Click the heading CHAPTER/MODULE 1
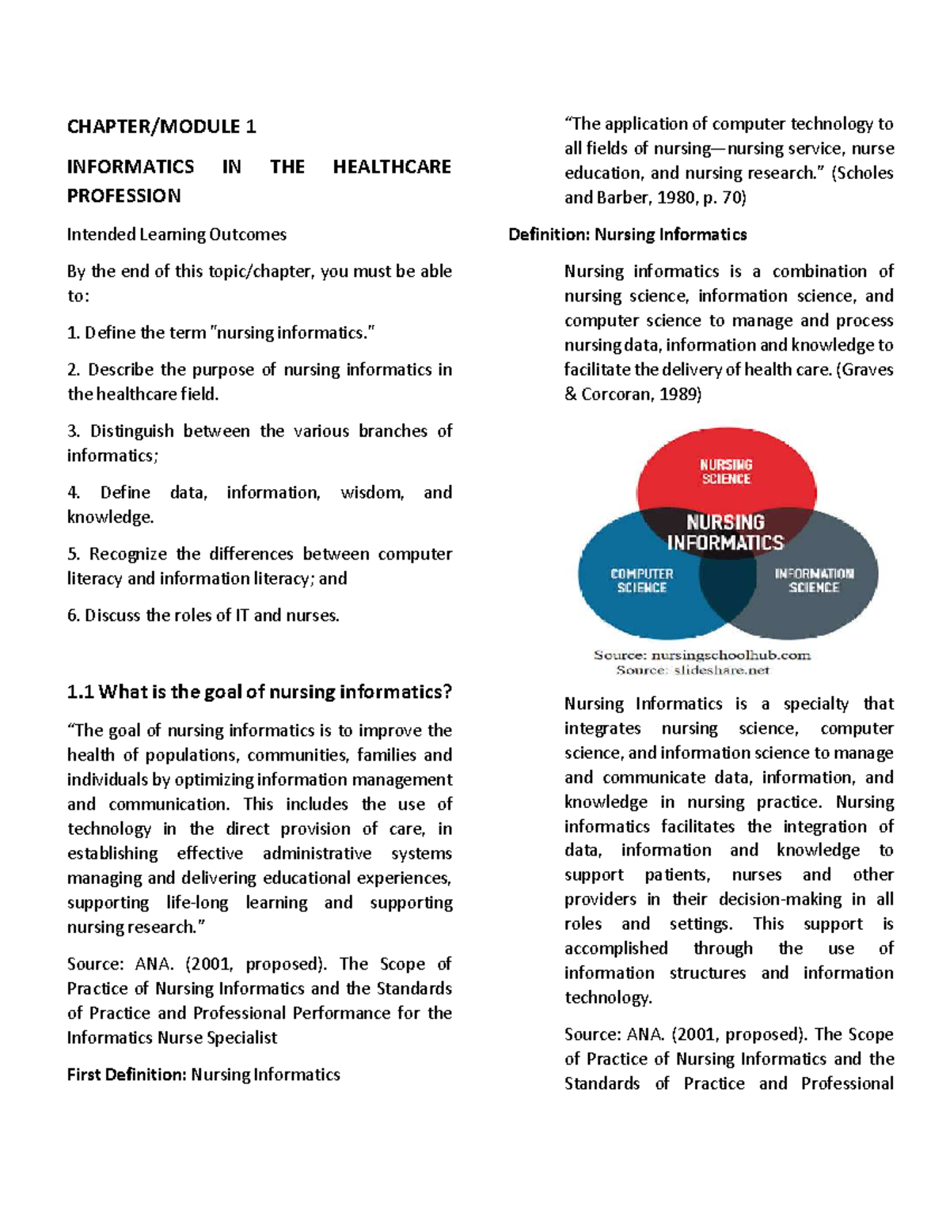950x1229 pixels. tap(161, 127)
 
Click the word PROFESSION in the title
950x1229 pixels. tap(123, 196)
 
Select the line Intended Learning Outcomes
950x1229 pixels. tap(177, 234)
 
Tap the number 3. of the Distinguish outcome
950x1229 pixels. tap(74, 431)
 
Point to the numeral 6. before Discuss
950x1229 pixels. tap(74, 616)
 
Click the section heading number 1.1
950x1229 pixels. tap(81, 692)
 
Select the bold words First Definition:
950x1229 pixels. tap(127, 1075)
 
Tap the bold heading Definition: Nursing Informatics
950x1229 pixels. tap(627, 234)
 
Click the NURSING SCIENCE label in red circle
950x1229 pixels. tap(726, 472)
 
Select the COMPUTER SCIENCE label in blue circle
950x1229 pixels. tap(641, 580)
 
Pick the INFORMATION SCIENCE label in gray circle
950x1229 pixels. tap(814, 580)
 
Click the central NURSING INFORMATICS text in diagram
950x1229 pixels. tap(725, 532)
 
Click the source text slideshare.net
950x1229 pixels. tap(721, 670)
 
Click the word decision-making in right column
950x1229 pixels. tap(780, 900)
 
